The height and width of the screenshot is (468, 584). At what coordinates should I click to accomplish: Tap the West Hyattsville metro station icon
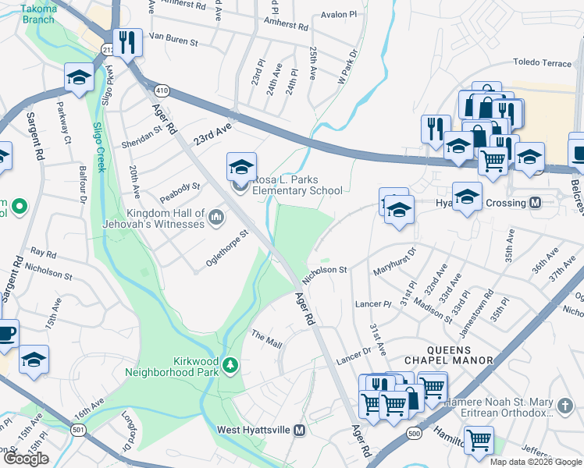298,431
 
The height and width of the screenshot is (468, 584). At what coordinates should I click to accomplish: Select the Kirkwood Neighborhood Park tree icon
230,365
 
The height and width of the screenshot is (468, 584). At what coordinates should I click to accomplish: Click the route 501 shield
79,430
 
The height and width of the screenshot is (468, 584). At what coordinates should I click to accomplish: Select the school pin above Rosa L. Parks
242,165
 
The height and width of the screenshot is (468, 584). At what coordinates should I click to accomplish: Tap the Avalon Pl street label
338,14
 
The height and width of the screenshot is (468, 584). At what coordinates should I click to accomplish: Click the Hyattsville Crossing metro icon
536,203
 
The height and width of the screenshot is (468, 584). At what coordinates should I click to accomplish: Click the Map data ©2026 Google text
536,462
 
